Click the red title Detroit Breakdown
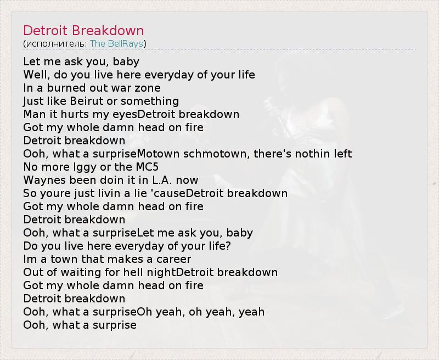pyautogui.click(x=83, y=31)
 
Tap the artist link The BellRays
pyautogui.click(x=116, y=44)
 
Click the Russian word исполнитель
pyautogui.click(x=56, y=44)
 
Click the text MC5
pyautogui.click(x=147, y=167)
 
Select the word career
pyautogui.click(x=173, y=259)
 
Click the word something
pyautogui.click(x=150, y=102)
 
